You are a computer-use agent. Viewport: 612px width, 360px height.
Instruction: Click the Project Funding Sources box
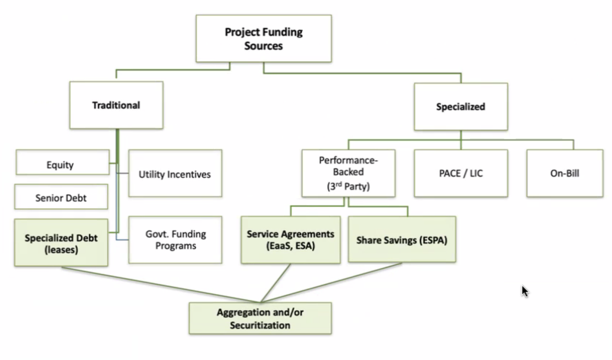(x=264, y=38)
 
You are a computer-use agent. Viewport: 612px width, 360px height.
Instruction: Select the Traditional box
(x=116, y=105)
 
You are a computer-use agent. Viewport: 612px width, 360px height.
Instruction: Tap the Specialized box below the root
(x=461, y=107)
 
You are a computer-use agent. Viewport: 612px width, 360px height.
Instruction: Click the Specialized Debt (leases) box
(x=61, y=243)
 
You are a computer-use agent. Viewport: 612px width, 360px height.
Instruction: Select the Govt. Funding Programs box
(x=175, y=240)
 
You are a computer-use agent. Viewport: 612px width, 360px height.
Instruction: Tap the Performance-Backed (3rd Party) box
(x=348, y=173)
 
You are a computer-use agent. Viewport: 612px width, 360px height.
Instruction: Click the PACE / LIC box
(x=461, y=173)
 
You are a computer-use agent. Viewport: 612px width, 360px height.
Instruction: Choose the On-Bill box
(x=564, y=173)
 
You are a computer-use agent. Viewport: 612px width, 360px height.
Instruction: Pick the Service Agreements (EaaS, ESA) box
(x=290, y=240)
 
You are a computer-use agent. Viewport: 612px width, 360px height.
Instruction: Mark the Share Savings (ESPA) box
(x=402, y=240)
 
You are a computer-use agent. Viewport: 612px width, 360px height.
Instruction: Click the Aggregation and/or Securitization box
(x=260, y=318)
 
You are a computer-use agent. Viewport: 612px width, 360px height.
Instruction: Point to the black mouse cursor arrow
(x=525, y=291)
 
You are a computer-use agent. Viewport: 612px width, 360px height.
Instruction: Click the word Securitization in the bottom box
(x=260, y=325)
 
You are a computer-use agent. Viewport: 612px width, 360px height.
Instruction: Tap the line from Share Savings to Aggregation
(x=332, y=282)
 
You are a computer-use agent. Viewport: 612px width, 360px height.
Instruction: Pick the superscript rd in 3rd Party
(x=338, y=184)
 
